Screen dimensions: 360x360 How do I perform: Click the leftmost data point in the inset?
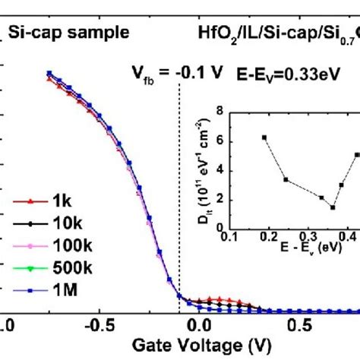pyautogui.click(x=264, y=137)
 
